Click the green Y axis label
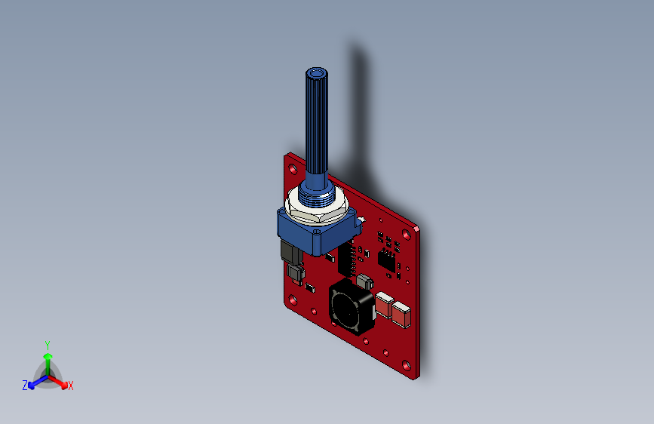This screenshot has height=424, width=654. [48, 345]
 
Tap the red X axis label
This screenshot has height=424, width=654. [70, 386]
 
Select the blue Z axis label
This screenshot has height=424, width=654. [25, 386]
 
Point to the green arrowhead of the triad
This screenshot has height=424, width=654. [48, 356]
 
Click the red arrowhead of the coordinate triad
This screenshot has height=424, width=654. [64, 386]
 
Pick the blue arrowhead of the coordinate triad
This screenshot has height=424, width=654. [31, 386]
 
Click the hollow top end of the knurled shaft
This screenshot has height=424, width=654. [317, 74]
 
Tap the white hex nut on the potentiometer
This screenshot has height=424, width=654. [317, 206]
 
